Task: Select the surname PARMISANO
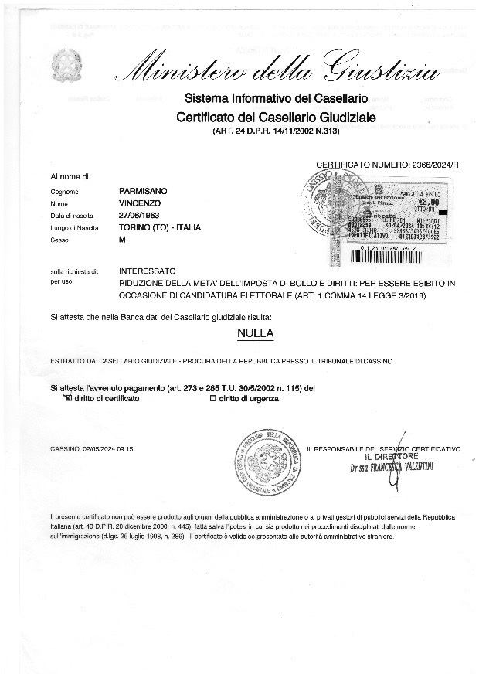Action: (144, 190)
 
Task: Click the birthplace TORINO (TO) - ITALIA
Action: (160, 227)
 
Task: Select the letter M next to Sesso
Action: (122, 240)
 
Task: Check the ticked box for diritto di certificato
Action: (67, 398)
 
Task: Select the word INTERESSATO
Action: (148, 272)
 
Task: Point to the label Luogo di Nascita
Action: (74, 227)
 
